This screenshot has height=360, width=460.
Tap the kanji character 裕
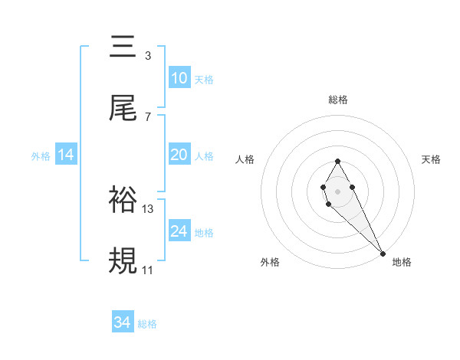tap(123, 201)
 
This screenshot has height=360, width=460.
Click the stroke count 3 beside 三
tap(147, 55)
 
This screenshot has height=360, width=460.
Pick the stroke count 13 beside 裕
tap(149, 208)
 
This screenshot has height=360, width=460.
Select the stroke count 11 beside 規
tap(148, 270)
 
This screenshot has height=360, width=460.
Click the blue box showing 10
tap(179, 78)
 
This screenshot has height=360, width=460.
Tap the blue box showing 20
tap(179, 155)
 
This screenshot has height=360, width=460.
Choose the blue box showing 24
tap(179, 231)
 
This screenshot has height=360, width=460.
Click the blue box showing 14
tap(66, 155)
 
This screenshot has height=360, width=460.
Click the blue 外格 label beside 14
tap(41, 155)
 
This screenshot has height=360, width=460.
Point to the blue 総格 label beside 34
tap(147, 324)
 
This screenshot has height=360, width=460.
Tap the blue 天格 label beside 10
tap(204, 79)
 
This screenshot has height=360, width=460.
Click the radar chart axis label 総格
tap(337, 100)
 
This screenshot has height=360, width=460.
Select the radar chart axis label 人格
tap(245, 159)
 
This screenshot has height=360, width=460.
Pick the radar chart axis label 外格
tap(270, 262)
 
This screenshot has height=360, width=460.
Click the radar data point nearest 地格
tap(383, 253)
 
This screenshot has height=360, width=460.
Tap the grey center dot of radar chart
tap(337, 190)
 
